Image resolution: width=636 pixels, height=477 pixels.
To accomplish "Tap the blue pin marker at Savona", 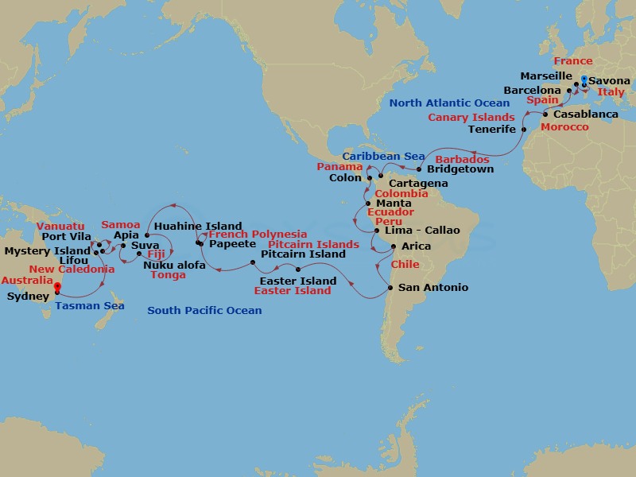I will [584, 79].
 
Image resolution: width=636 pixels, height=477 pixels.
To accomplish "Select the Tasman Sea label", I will [90, 306].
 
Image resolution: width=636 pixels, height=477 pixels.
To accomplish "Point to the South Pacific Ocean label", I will [204, 310].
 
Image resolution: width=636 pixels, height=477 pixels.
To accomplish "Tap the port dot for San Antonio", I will [390, 287].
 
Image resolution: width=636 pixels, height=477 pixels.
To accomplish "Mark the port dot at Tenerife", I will [523, 128].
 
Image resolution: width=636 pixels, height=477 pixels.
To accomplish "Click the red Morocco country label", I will [564, 127].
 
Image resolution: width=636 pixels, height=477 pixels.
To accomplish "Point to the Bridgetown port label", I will [460, 169].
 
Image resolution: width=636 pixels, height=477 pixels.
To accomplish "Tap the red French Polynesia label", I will [258, 235].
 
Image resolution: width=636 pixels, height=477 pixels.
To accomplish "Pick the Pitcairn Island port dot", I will [253, 261].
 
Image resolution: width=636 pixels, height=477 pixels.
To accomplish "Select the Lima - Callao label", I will [422, 231].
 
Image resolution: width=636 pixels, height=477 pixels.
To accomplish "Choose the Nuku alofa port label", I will [174, 265].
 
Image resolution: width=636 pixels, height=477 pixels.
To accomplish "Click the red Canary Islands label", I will [471, 118].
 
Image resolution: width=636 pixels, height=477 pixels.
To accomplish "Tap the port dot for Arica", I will [394, 246].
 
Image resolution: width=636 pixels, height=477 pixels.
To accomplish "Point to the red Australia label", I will [27, 281].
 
